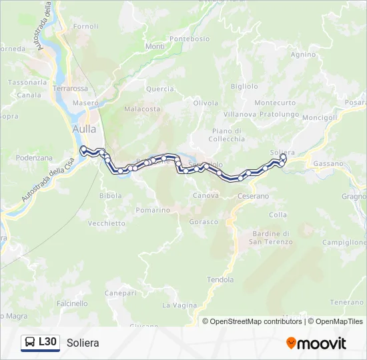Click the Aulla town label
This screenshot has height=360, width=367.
[x=84, y=129]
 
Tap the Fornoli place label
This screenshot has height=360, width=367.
[x=85, y=27]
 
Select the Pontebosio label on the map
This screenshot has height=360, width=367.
[x=189, y=39]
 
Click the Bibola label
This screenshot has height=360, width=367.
[x=111, y=196]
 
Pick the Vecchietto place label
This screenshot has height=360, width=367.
[x=106, y=223]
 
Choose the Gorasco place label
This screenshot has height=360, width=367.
[x=204, y=221]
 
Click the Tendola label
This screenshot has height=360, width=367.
[x=220, y=279]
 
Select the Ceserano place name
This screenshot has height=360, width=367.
[x=253, y=197]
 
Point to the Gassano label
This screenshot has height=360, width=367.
[x=328, y=163]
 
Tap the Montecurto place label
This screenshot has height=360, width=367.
[x=275, y=103]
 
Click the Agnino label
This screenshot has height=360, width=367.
[x=304, y=55]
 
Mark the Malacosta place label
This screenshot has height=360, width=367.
[x=142, y=109]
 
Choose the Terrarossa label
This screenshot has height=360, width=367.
[x=70, y=88]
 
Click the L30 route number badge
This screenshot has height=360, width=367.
[x=47, y=342]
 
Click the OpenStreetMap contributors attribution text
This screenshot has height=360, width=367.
[x=252, y=321]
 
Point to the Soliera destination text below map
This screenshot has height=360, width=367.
[x=83, y=343]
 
